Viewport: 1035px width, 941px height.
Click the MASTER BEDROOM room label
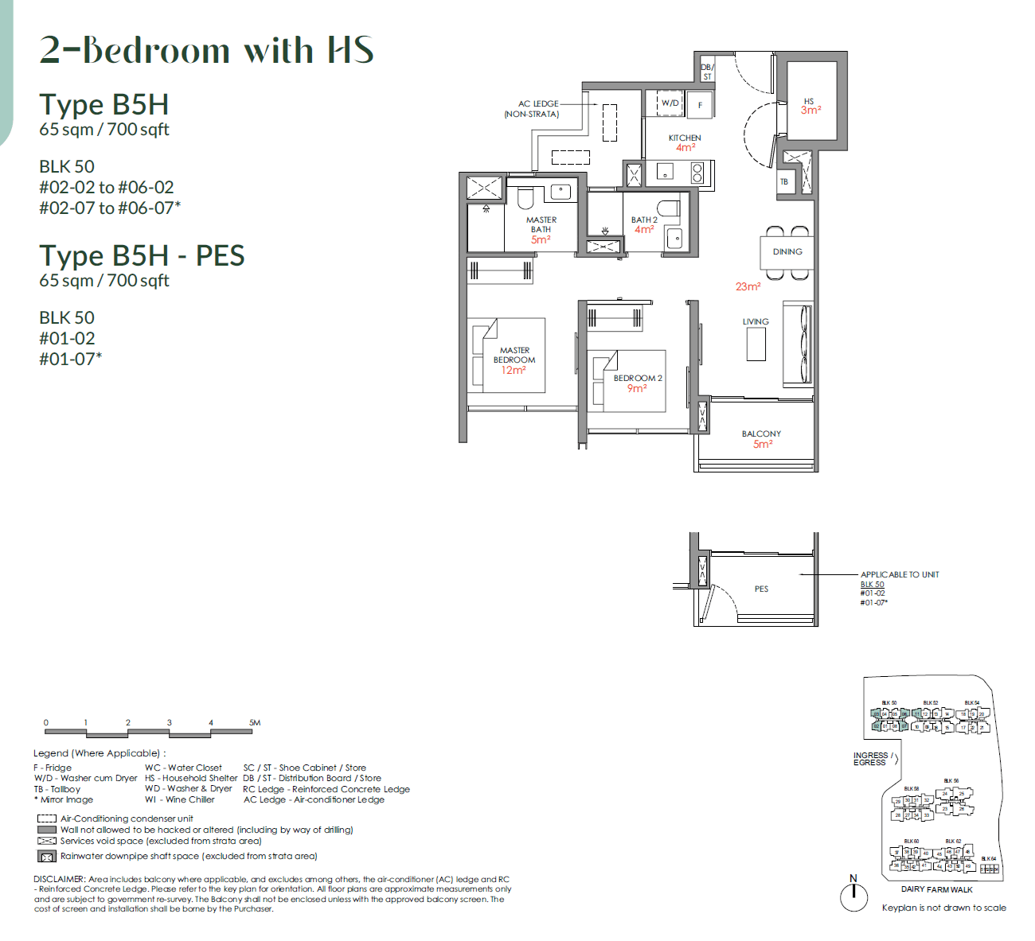[514, 355]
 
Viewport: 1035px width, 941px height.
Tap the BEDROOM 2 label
[637, 378]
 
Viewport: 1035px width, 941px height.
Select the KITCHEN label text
[685, 138]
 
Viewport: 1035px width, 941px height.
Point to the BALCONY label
[761, 434]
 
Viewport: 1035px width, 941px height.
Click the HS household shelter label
[809, 102]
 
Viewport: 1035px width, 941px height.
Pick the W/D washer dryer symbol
[670, 103]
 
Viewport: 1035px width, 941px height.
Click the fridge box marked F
[700, 105]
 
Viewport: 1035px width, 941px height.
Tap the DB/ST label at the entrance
[707, 72]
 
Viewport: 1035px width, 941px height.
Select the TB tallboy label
[784, 182]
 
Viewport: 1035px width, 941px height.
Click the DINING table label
[787, 251]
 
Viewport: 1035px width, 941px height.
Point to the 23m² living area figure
[748, 286]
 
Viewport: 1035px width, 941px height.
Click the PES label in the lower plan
[761, 589]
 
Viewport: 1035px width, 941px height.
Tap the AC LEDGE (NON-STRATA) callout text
[533, 109]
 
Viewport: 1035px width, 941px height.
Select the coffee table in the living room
[756, 344]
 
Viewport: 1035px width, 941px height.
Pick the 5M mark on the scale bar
[255, 722]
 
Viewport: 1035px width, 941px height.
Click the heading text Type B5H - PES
[142, 256]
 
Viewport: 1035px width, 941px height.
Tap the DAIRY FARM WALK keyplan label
[936, 889]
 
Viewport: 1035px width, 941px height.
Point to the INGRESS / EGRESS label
[870, 759]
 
